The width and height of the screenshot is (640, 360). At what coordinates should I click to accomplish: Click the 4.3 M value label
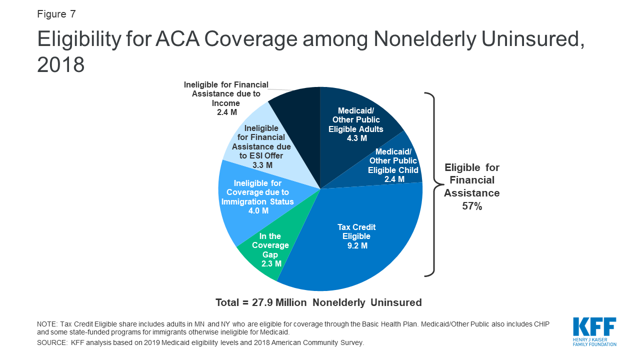(x=357, y=138)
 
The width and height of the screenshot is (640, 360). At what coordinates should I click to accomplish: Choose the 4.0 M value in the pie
(x=258, y=210)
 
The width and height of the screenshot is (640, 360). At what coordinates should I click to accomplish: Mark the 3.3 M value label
(x=262, y=165)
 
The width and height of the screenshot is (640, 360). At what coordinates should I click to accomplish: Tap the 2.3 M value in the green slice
(x=270, y=263)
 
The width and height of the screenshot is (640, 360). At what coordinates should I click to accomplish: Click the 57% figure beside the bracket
(x=471, y=206)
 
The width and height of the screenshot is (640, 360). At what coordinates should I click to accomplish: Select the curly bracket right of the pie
(x=431, y=184)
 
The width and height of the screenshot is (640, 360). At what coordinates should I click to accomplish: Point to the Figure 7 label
(x=56, y=13)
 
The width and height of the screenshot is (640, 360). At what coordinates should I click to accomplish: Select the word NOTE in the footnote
(x=47, y=324)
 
